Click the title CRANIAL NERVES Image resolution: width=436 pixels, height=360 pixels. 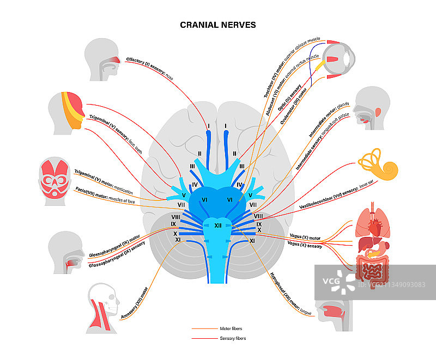pyautogui.click(x=218, y=25)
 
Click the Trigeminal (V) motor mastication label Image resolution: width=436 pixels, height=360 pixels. pyautogui.click(x=104, y=179)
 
